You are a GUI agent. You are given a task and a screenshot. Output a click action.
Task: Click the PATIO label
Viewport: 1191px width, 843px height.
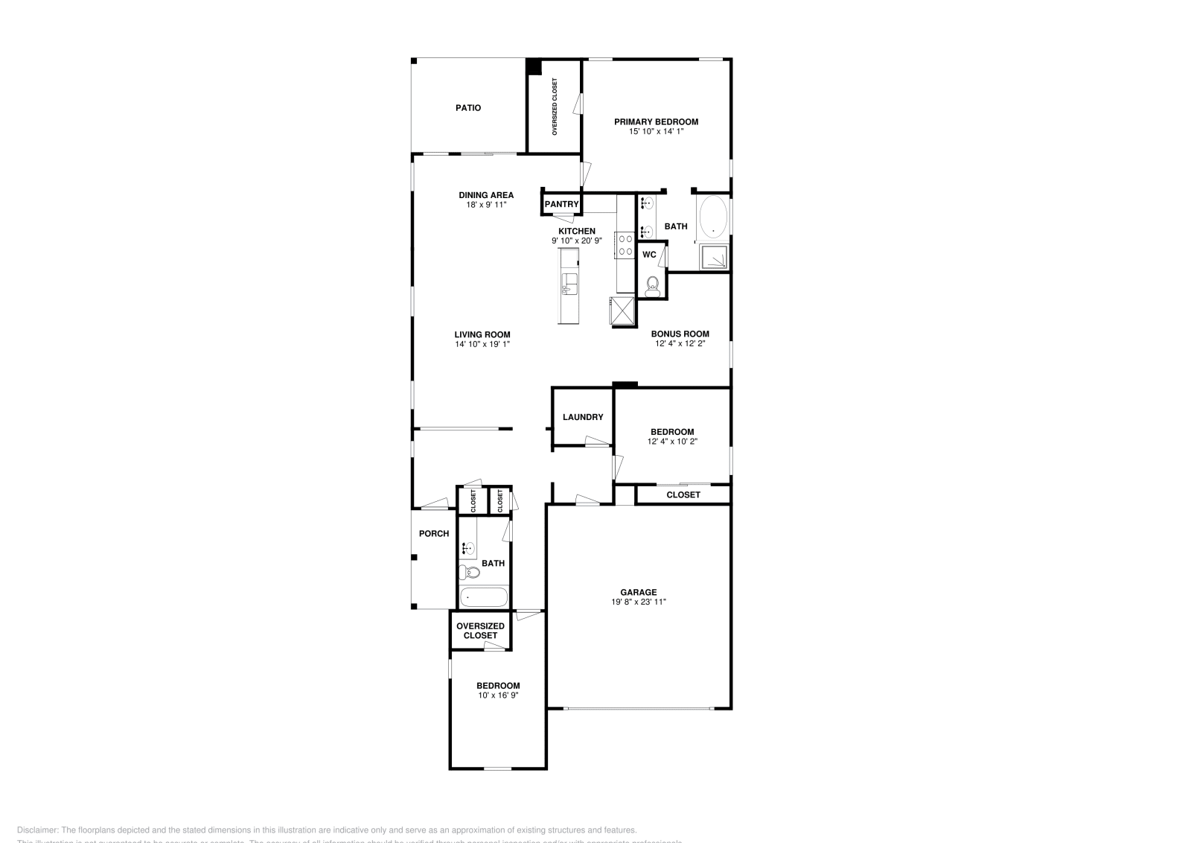[x=468, y=108]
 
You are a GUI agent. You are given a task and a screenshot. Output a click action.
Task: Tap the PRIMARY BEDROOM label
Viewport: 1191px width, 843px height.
[x=656, y=121]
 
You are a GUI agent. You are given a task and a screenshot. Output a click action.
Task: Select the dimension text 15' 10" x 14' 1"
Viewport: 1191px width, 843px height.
[x=656, y=131]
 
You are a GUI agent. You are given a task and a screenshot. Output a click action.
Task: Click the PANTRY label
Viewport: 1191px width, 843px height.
[x=561, y=204]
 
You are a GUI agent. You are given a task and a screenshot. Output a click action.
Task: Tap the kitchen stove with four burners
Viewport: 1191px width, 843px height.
[x=624, y=246]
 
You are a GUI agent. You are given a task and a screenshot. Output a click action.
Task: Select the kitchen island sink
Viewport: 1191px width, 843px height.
[x=569, y=283]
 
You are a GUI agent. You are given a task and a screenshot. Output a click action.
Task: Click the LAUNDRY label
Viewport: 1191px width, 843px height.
[x=583, y=417]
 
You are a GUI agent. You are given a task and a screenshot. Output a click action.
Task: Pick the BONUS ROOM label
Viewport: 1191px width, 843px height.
[x=680, y=334]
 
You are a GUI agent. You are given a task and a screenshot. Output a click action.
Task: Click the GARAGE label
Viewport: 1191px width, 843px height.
[x=638, y=593]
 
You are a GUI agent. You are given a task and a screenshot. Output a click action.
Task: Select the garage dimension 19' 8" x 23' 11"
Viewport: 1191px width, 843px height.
[x=638, y=602]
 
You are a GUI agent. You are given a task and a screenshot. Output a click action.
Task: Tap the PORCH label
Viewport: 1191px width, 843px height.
[x=434, y=533]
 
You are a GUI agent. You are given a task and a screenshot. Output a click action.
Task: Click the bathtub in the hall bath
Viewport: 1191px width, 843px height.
[x=483, y=597]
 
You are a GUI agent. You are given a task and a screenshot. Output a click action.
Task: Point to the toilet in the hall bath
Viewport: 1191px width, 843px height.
[x=468, y=572]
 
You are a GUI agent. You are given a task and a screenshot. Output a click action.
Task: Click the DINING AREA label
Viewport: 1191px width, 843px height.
[x=486, y=195]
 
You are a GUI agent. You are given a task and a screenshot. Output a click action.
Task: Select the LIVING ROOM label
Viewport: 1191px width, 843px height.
[x=482, y=334]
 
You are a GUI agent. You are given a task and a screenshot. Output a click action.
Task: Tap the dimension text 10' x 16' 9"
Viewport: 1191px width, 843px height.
[x=498, y=696]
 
